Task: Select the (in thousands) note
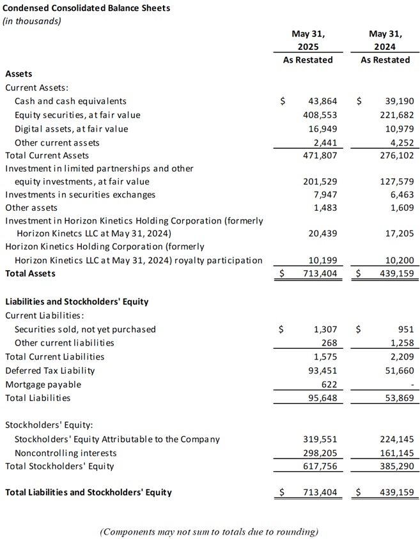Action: [32, 20]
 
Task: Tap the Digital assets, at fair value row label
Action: [71, 129]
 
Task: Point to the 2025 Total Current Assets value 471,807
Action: [320, 155]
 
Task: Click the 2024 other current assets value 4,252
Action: [401, 142]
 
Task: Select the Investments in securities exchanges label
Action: [80, 194]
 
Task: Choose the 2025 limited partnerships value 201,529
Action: [320, 181]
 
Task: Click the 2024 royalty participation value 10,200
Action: [398, 260]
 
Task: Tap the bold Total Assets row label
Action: [30, 273]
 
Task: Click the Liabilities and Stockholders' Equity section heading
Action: [77, 301]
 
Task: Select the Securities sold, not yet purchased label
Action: [85, 330]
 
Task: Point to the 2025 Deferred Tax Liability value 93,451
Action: [322, 370]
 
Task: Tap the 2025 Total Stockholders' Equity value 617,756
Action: [320, 466]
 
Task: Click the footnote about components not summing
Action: [209, 531]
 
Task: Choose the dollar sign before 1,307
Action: [282, 330]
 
